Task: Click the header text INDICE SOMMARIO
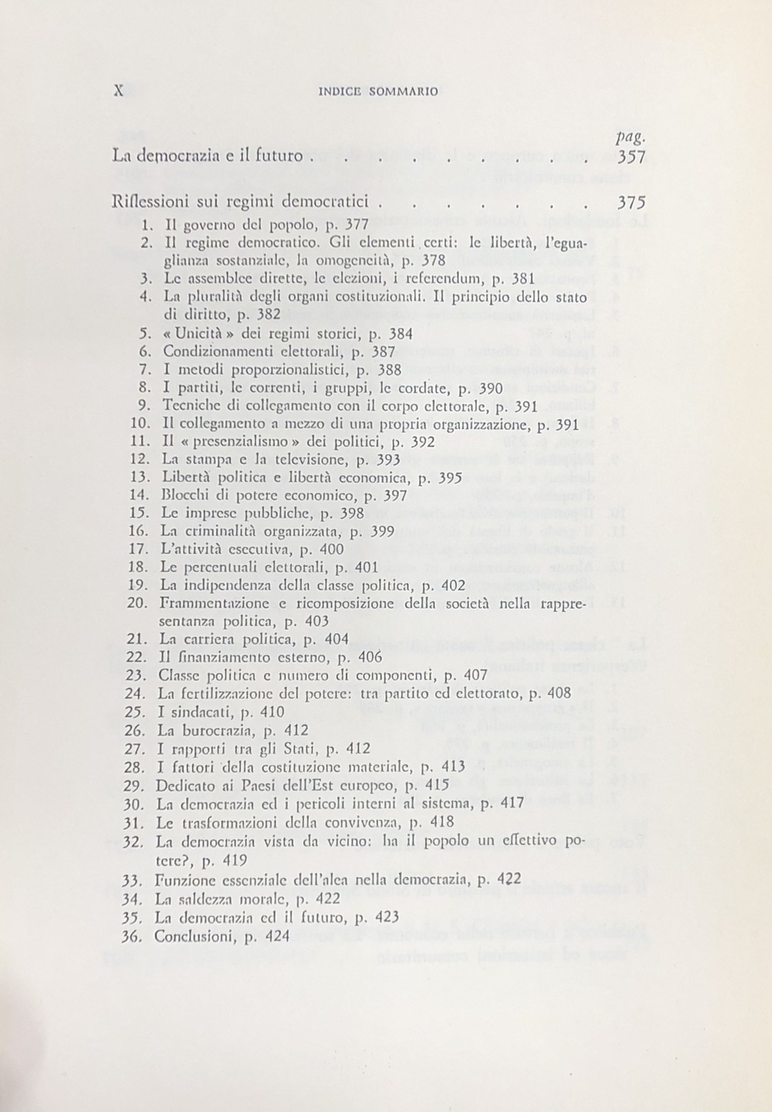378,92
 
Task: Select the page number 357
632,157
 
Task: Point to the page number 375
632,203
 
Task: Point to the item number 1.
146,224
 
